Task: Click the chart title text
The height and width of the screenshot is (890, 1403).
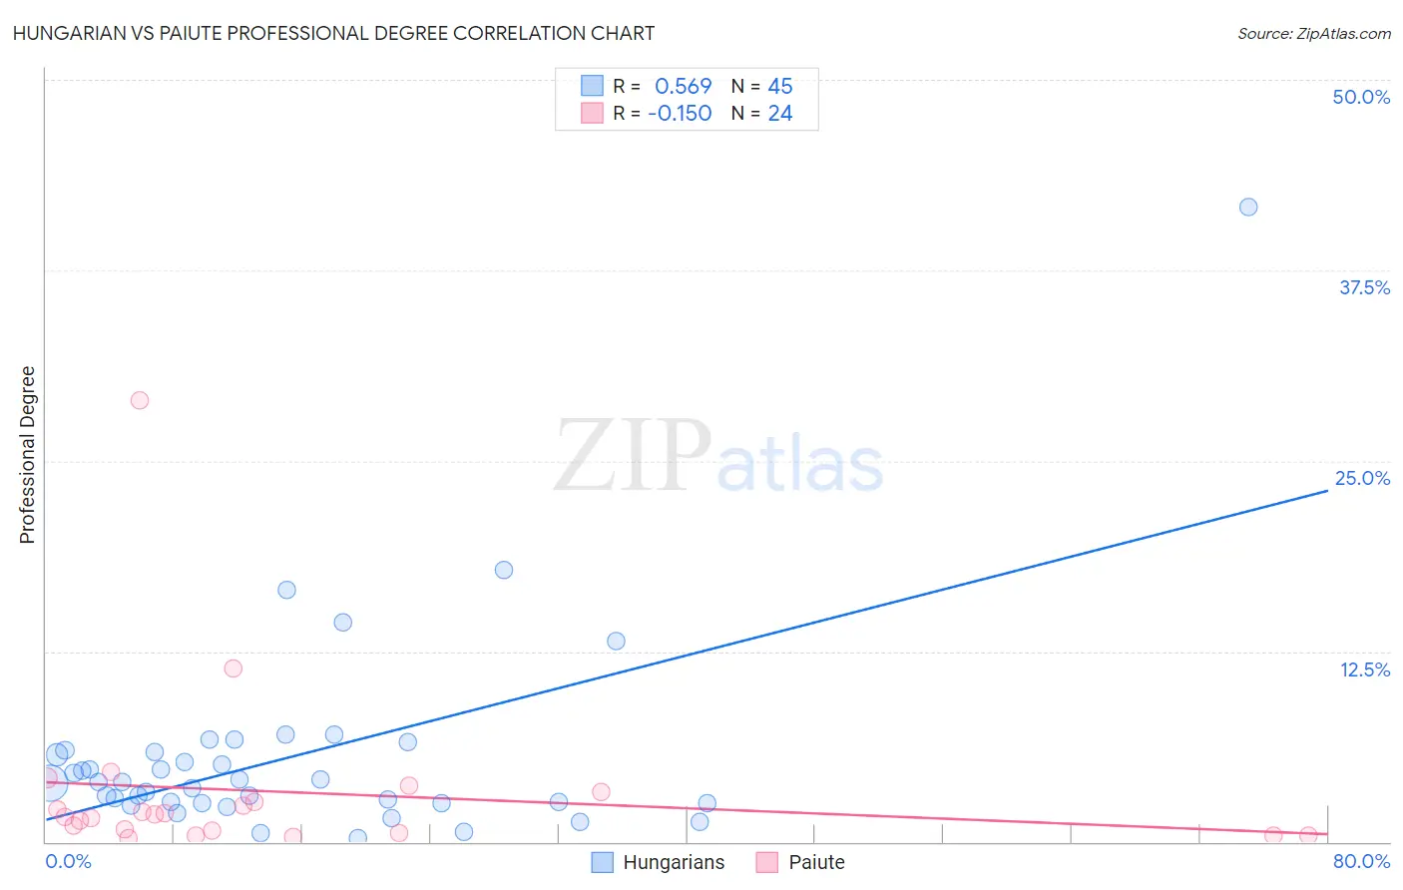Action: (x=333, y=33)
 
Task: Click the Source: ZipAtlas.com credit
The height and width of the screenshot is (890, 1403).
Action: (x=1313, y=34)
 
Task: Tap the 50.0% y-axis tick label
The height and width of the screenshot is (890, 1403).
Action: (x=1361, y=97)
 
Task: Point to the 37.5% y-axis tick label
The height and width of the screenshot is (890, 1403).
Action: (x=1364, y=287)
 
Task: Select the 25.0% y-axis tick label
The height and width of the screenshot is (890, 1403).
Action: (x=1362, y=478)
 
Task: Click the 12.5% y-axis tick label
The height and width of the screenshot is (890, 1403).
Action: (x=1364, y=669)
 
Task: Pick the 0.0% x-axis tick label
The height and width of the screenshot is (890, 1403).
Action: (x=68, y=862)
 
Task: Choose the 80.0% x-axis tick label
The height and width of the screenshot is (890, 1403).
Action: (x=1361, y=862)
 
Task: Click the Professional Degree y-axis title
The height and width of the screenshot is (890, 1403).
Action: (x=27, y=455)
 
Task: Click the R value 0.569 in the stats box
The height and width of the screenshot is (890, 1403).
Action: (x=683, y=87)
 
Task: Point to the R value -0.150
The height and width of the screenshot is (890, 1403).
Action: (x=680, y=114)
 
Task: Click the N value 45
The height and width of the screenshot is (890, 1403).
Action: (x=780, y=87)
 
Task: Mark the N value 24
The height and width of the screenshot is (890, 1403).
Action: (x=780, y=114)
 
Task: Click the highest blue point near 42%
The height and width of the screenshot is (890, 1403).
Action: (x=1248, y=208)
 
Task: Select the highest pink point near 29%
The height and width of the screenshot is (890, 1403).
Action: (x=140, y=400)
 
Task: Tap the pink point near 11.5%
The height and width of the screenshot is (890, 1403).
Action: (x=234, y=668)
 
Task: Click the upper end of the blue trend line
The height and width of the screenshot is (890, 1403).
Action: (x=1327, y=491)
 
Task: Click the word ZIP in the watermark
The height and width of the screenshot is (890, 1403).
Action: (x=633, y=457)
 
